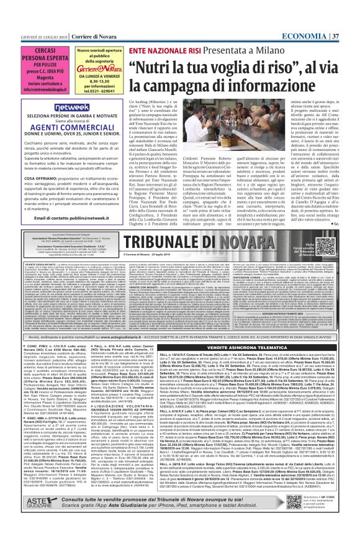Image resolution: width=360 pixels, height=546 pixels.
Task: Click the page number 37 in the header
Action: pyautogui.click(x=351, y=6)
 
